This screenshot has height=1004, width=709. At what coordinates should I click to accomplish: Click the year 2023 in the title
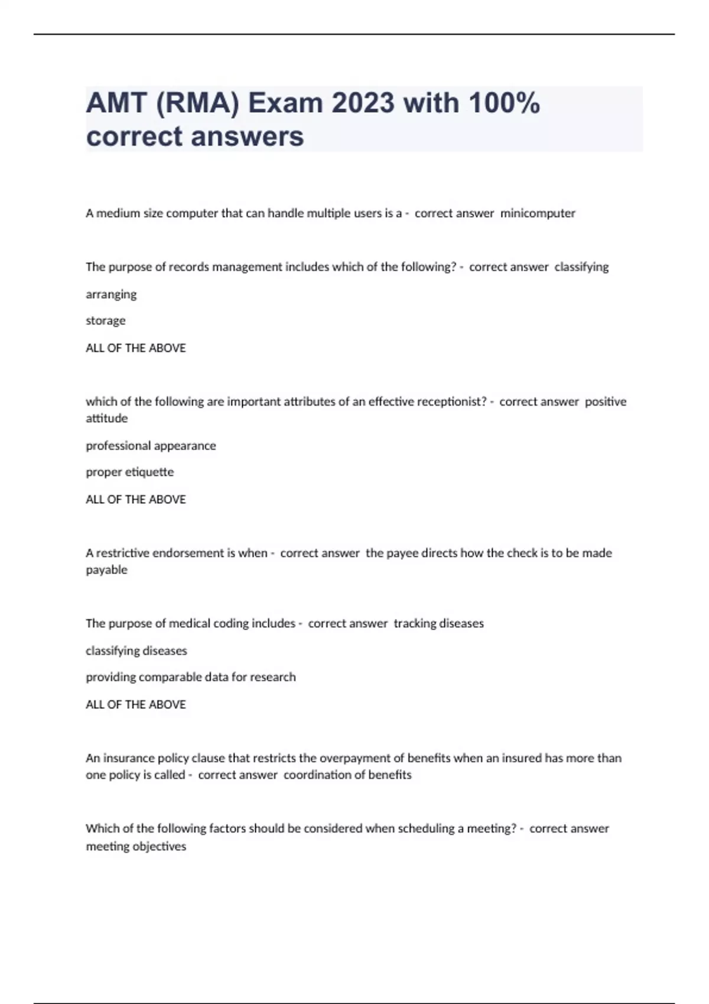(362, 103)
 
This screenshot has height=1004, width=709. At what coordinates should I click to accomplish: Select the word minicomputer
(538, 213)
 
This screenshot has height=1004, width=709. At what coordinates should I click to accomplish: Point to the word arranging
(111, 294)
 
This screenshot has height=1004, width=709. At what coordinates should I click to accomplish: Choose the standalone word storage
(106, 321)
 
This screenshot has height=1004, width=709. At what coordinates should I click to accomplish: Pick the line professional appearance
(151, 445)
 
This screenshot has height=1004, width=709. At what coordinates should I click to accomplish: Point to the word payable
(106, 570)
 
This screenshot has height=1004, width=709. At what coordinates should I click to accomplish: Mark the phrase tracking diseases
(438, 623)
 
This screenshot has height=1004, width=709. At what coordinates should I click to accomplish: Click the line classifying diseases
(136, 651)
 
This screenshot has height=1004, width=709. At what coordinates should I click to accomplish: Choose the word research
(272, 677)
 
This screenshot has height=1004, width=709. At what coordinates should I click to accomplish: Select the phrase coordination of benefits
(347, 775)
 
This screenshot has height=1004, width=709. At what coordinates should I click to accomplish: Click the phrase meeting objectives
(136, 846)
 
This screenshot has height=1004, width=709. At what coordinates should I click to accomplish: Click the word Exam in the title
(285, 103)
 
